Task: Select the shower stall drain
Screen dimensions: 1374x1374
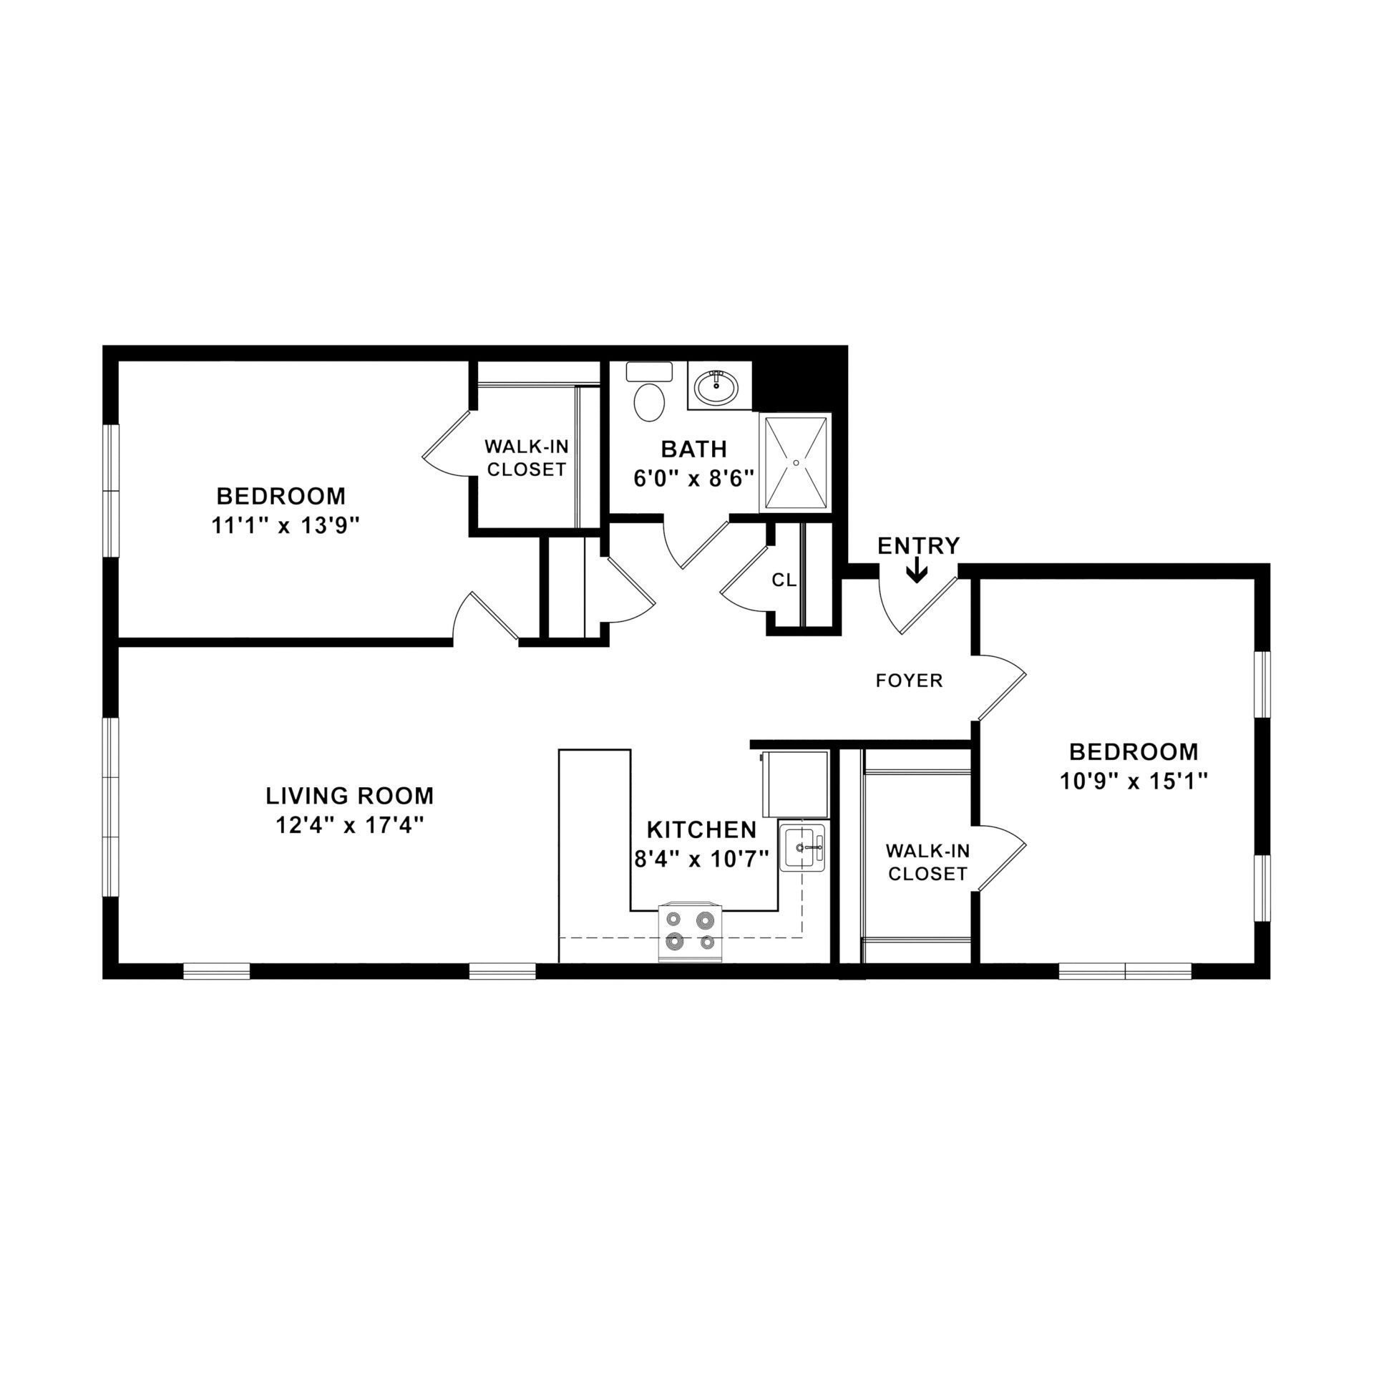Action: point(796,463)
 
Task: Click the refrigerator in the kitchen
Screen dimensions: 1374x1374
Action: point(795,783)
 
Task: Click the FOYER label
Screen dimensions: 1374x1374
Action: point(910,681)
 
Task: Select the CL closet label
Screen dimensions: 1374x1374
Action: point(784,580)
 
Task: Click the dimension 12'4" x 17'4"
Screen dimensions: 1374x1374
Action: point(350,826)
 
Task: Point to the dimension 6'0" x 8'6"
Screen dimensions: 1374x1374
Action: point(694,479)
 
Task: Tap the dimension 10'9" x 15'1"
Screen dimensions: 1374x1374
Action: point(1134,782)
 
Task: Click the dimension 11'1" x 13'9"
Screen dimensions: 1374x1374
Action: point(284,526)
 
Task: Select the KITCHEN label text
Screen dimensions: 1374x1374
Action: point(701,829)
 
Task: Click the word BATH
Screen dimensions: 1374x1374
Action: point(693,449)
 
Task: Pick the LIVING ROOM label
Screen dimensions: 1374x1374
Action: point(350,795)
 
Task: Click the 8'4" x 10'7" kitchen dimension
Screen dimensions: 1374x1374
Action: point(701,858)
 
